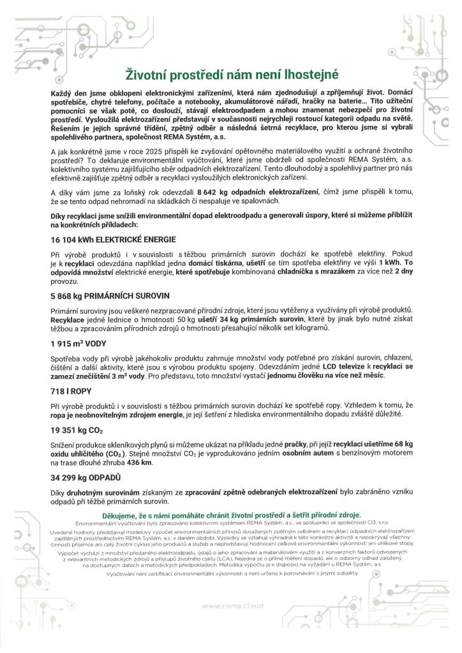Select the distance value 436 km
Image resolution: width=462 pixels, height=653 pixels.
[140, 462]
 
